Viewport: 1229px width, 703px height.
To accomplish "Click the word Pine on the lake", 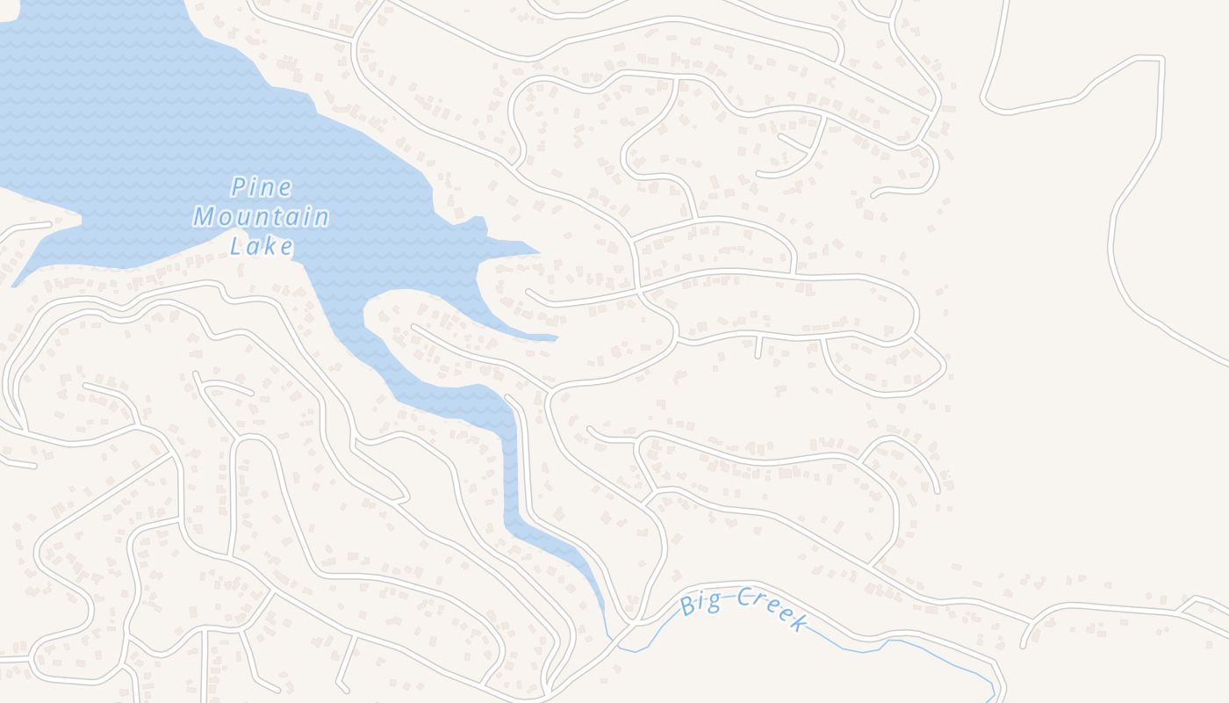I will point(262,187).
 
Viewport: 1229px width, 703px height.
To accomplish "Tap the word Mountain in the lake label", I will point(262,216).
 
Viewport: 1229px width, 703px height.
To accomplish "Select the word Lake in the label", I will point(262,246).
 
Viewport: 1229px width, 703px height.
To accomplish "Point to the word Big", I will point(700,605).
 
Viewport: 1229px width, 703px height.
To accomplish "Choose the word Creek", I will point(771,610).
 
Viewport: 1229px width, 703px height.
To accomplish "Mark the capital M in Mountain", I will point(205,216).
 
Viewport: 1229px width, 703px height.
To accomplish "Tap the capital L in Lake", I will point(235,246).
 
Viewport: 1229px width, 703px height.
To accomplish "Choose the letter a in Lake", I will point(252,247).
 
